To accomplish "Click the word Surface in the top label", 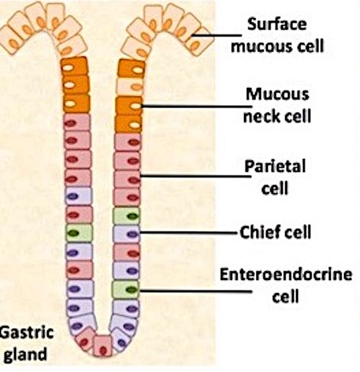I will pos(277,25).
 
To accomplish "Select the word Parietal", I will pos(275,167).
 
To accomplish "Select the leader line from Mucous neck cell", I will pos(196,106).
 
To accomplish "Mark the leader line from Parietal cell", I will pos(196,177).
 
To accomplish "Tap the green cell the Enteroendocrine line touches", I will pos(126,290).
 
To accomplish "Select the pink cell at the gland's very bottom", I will pos(103,346).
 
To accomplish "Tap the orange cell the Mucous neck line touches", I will pos(129,105).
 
